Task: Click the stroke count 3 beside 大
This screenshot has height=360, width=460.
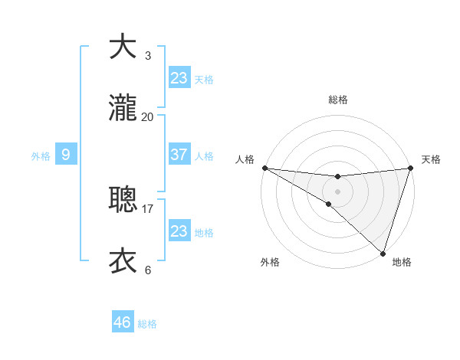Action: click(x=147, y=55)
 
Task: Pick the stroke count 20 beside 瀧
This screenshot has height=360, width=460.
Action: click(x=147, y=116)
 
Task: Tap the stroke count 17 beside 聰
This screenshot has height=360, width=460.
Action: click(x=147, y=208)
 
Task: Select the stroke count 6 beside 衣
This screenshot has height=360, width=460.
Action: click(x=147, y=270)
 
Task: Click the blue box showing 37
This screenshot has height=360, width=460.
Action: click(x=179, y=155)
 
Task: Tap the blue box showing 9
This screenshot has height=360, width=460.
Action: click(x=66, y=155)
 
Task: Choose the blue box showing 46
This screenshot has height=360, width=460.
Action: click(x=122, y=322)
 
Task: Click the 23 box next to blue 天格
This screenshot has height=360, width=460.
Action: click(x=179, y=78)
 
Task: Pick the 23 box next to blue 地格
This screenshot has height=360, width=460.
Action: click(x=179, y=231)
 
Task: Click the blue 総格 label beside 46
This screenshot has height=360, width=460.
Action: click(x=147, y=324)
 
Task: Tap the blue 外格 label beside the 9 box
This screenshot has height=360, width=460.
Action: click(x=41, y=156)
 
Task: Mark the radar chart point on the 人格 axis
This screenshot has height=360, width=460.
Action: click(x=264, y=167)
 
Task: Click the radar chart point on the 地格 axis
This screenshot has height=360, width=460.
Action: click(x=383, y=253)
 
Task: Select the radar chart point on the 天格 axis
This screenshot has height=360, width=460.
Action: click(x=410, y=168)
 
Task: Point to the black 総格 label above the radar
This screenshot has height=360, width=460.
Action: click(x=338, y=100)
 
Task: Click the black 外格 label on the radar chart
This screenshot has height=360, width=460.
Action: click(x=270, y=262)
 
